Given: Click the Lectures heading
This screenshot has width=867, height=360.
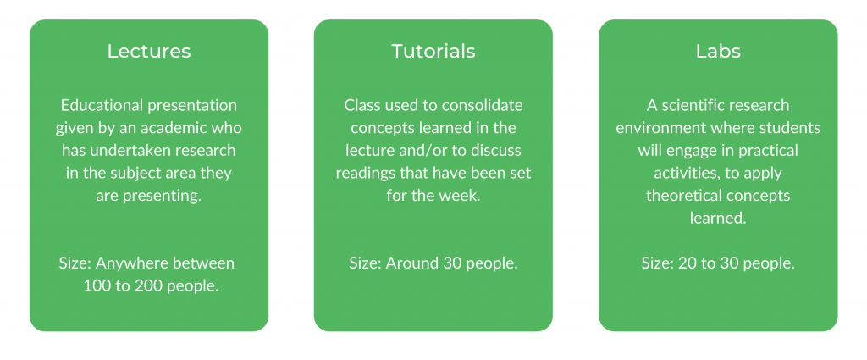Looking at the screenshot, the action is [149, 51].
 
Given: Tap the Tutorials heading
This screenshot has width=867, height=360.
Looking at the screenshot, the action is [433, 51].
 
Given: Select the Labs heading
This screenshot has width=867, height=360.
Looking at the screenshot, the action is [718, 51].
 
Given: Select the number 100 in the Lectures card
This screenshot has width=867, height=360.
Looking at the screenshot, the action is [95, 286].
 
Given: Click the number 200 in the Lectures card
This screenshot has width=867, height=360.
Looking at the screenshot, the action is [137, 286].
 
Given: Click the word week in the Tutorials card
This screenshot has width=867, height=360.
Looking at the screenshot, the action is [463, 197].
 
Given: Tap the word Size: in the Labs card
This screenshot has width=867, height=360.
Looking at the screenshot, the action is [658, 263].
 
